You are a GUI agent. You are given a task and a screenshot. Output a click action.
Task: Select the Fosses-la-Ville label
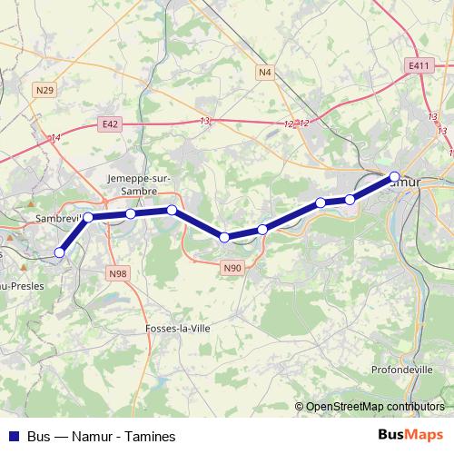coord(178,329)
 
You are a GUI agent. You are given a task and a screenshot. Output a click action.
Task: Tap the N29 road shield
coord(45,89)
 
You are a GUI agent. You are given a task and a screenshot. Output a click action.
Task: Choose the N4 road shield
coord(264,71)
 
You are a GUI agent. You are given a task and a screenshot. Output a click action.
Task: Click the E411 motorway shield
coord(418,65)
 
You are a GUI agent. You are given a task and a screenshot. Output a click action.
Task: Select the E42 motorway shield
coord(111,123)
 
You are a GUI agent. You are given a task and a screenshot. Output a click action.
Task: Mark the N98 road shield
coord(116,272)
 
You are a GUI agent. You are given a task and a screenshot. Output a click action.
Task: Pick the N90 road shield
coord(232,267)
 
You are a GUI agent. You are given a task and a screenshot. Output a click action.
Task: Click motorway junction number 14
coord(55,137)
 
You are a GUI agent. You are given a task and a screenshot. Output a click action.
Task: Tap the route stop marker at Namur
coord(394,176)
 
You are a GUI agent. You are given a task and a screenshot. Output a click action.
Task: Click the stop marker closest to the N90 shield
coord(224,238)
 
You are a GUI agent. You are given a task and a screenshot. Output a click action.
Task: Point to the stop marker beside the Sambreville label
coord(88,217)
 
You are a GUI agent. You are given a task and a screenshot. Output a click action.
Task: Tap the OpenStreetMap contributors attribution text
coord(375,407)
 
